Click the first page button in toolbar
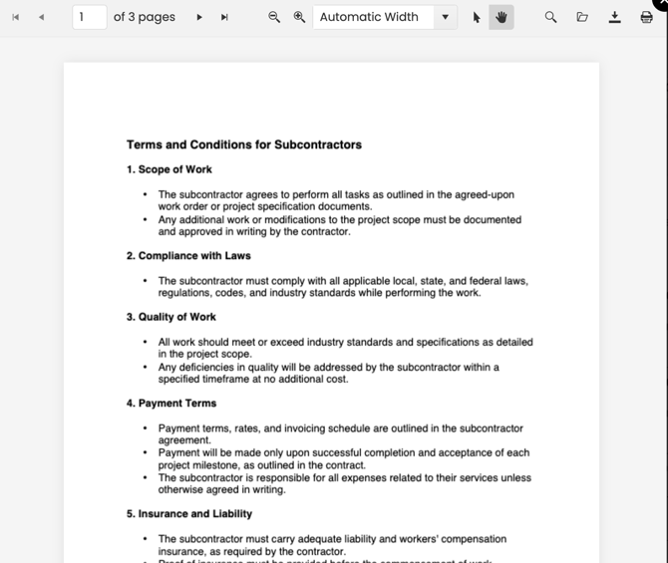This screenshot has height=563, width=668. tap(16, 17)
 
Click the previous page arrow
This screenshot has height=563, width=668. tap(41, 17)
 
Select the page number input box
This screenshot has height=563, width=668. tap(90, 17)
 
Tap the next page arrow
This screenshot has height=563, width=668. tap(199, 17)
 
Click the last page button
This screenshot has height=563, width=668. tap(224, 17)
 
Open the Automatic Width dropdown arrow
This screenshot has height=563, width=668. tap(445, 17)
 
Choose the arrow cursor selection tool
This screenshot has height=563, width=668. tap(477, 17)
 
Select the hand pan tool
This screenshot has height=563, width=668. tap(501, 17)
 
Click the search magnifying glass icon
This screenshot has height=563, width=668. tap(550, 17)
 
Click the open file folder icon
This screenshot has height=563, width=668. tap(582, 17)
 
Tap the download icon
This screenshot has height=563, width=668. tap(615, 17)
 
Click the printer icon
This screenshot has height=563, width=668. tap(646, 17)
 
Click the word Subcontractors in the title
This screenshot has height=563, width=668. tap(318, 144)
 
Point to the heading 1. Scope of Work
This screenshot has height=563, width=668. tap(169, 169)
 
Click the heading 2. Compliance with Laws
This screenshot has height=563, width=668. tap(188, 256)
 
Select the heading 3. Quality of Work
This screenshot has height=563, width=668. tap(171, 317)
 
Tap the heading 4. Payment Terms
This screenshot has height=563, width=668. tap(171, 404)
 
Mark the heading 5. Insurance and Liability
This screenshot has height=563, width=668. tap(189, 514)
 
